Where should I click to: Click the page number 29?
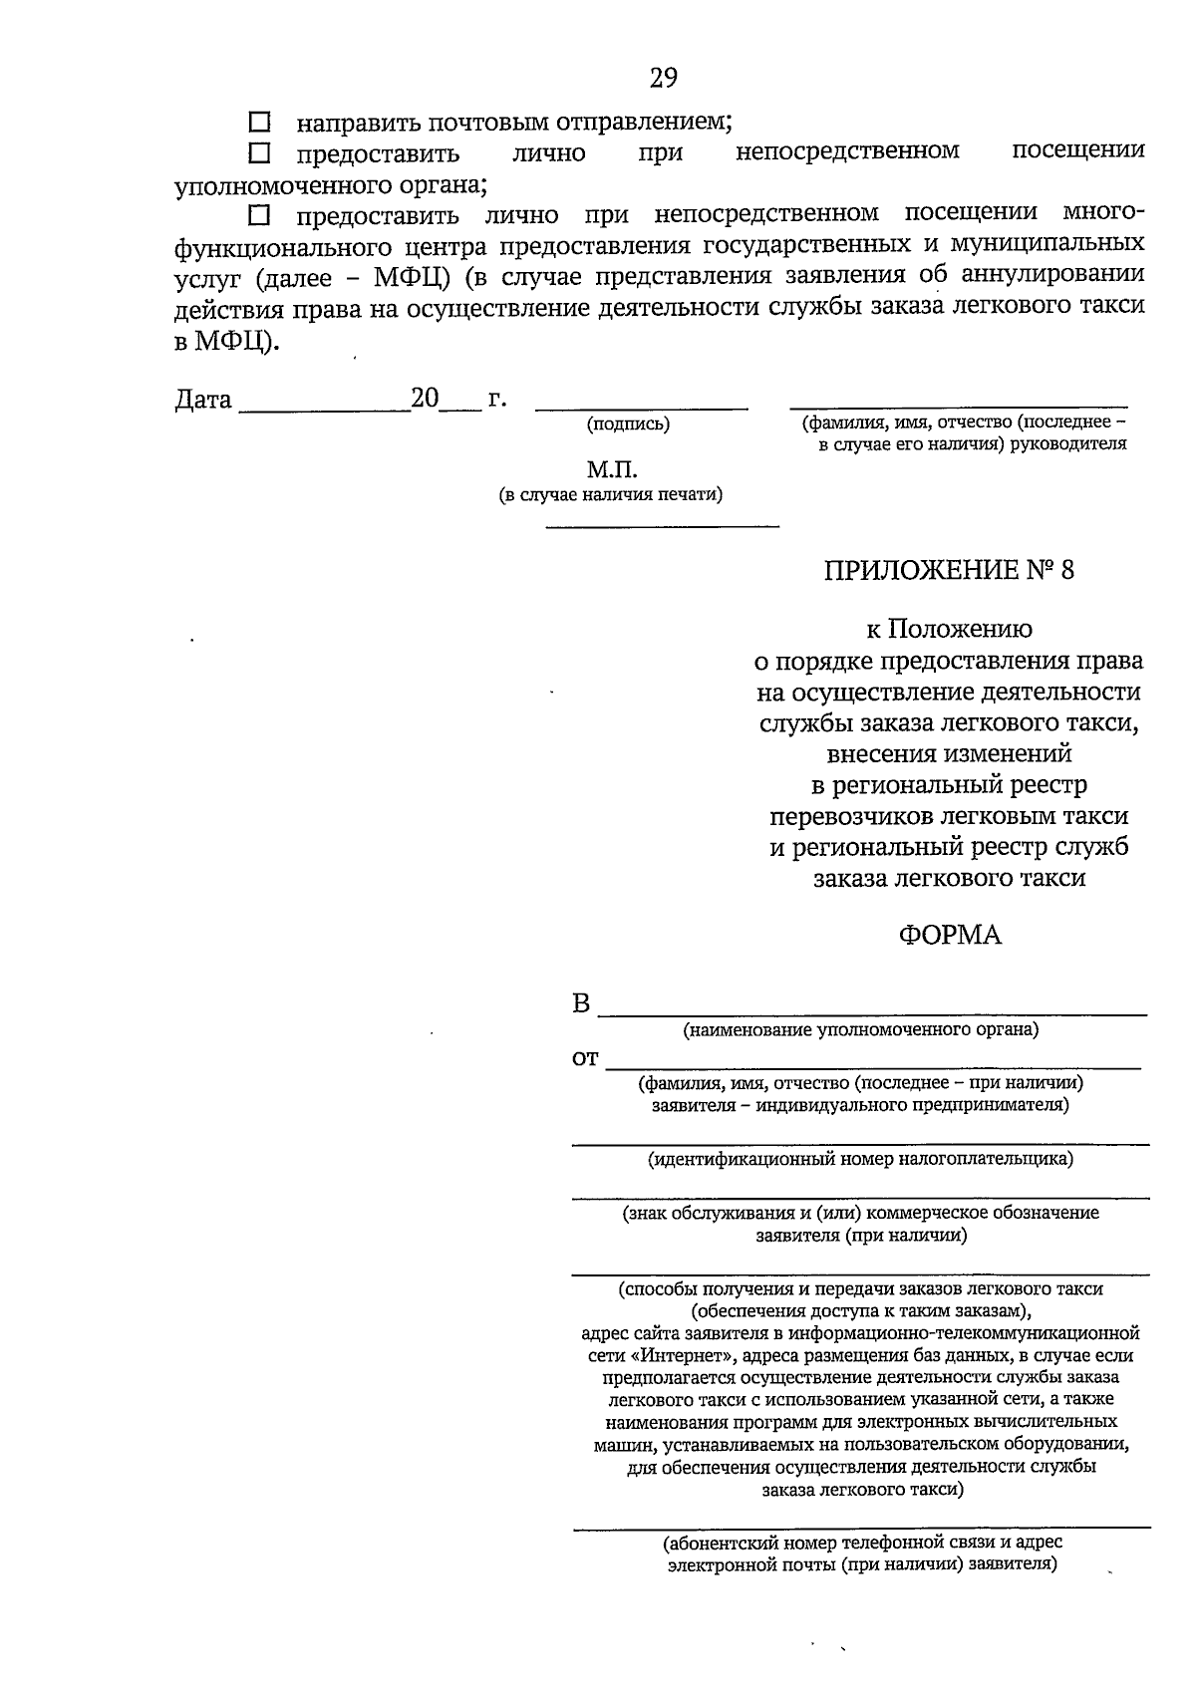pyautogui.click(x=663, y=78)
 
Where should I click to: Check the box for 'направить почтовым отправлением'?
pyautogui.click(x=259, y=124)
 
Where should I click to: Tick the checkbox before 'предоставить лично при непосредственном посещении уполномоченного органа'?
pyautogui.click(x=259, y=153)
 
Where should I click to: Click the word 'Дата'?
pyautogui.click(x=203, y=401)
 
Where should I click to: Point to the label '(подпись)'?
pyautogui.click(x=628, y=424)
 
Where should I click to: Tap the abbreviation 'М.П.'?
pyautogui.click(x=611, y=469)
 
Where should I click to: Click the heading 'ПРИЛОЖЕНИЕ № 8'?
pyautogui.click(x=949, y=571)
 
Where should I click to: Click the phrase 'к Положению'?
pyautogui.click(x=949, y=630)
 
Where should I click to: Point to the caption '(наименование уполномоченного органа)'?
pyautogui.click(x=860, y=1029)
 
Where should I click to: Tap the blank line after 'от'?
pyautogui.click(x=872, y=1064)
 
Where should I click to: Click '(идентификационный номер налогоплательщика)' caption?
pyautogui.click(x=860, y=1159)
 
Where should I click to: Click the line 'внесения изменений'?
pyautogui.click(x=949, y=754)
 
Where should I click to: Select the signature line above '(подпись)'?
pyautogui.click(x=641, y=407)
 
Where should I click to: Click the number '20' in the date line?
pyautogui.click(x=425, y=400)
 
